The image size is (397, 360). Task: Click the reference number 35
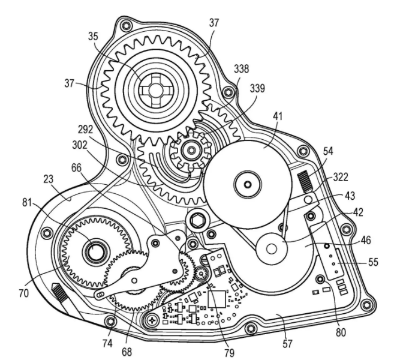click(x=93, y=37)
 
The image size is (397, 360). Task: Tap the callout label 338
click(x=241, y=69)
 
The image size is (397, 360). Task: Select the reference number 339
click(x=257, y=88)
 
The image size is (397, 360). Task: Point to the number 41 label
click(x=278, y=116)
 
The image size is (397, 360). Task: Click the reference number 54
click(x=328, y=151)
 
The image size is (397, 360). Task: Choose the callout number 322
click(x=341, y=177)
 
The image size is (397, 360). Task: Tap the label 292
click(x=85, y=130)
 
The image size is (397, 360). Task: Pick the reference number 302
click(x=80, y=145)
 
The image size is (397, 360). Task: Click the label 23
click(x=49, y=179)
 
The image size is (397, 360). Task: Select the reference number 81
click(x=28, y=203)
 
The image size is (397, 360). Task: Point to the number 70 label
click(x=24, y=293)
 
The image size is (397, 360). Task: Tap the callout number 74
click(x=107, y=343)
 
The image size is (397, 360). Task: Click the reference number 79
click(x=230, y=352)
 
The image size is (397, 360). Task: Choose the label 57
click(x=287, y=344)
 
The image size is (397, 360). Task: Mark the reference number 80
click(x=341, y=332)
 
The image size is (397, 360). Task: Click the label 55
click(x=373, y=262)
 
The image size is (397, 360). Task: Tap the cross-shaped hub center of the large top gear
click(x=152, y=89)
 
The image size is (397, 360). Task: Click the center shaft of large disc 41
click(x=247, y=184)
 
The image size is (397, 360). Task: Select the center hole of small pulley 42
click(x=272, y=248)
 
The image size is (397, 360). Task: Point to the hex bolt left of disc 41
click(x=197, y=219)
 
